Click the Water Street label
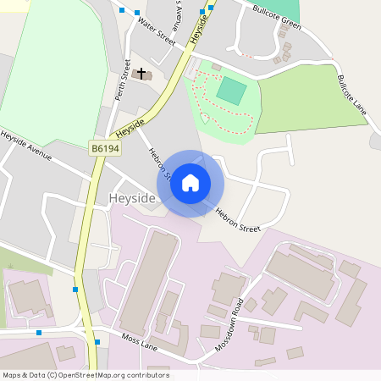(156, 31)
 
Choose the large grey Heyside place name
(132, 198)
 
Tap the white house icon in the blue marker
(190, 183)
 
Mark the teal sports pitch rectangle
(231, 91)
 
